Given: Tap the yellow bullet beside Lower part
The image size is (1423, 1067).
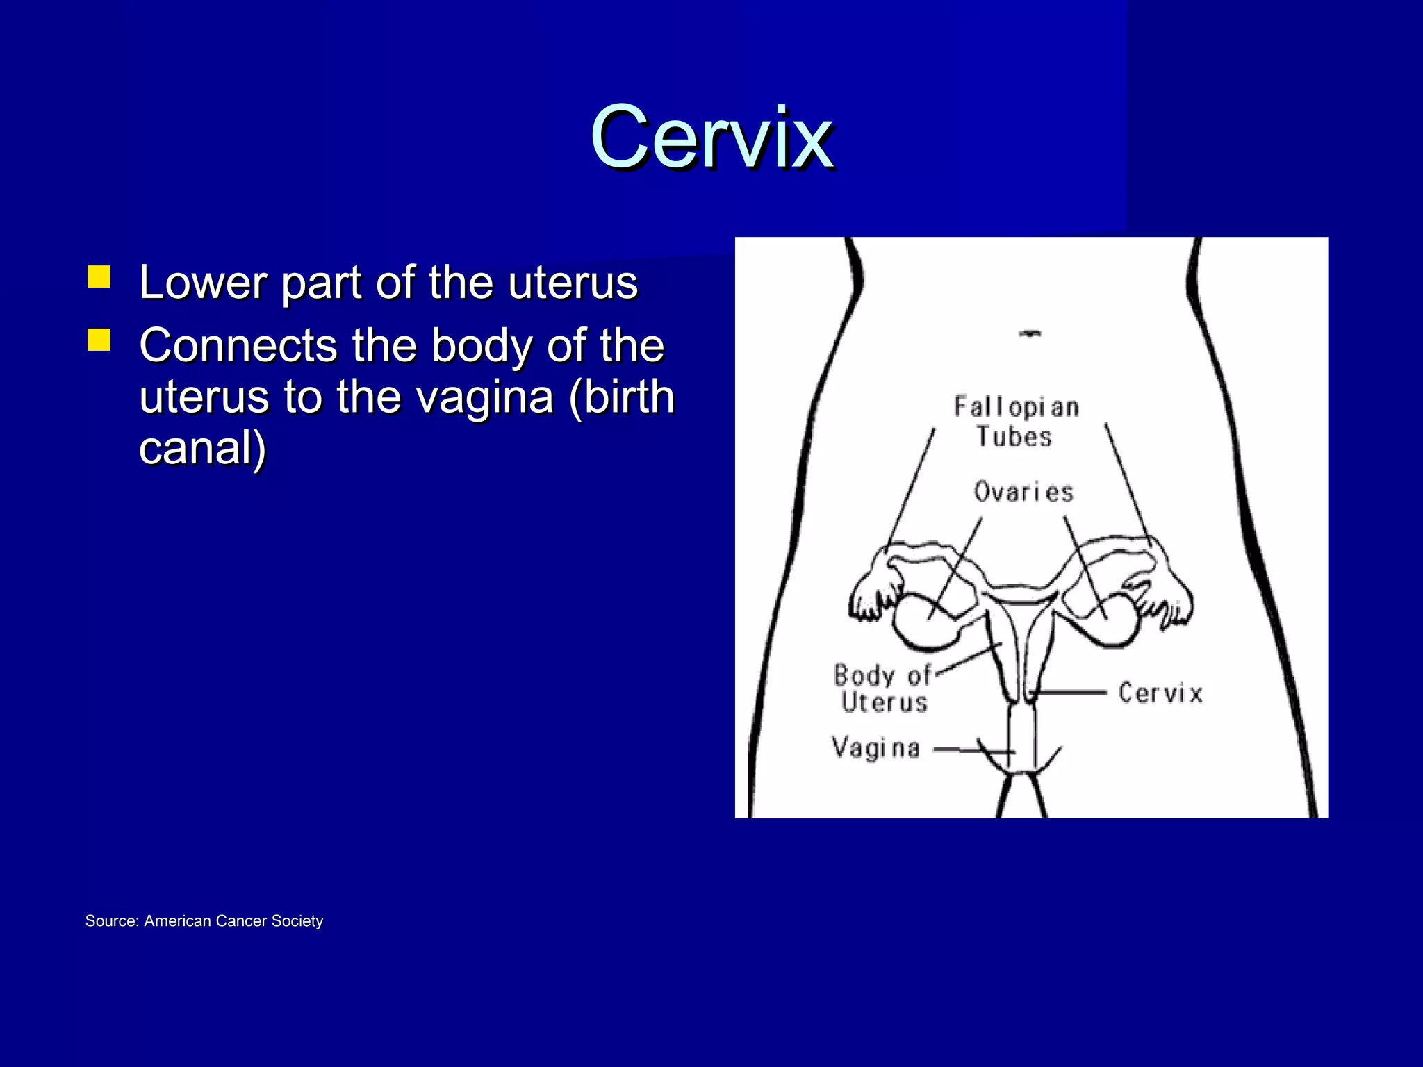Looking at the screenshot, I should coord(99,277).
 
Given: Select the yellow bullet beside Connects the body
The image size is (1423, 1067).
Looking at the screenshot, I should coord(99,340).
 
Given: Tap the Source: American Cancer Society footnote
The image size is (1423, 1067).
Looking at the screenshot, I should coord(204,921).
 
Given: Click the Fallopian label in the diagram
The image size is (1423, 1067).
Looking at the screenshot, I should coord(1016,407).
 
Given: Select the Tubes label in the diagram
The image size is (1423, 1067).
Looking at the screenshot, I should coord(1014,437).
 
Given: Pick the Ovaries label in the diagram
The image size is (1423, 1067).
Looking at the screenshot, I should coord(1023,492).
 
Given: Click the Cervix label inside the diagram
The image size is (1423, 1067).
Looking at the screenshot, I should coord(1160,693).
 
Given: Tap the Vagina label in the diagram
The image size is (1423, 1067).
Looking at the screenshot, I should coord(876,748).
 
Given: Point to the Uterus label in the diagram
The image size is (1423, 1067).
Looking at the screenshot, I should coord(885,702).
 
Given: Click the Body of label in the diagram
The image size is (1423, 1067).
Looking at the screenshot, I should coord(882,675).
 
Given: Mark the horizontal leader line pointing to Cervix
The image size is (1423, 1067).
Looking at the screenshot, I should coord(1070,692).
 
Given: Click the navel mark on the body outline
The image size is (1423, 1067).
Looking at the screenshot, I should coord(1030,334).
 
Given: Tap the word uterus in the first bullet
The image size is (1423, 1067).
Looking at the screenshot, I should coord(573,283).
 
